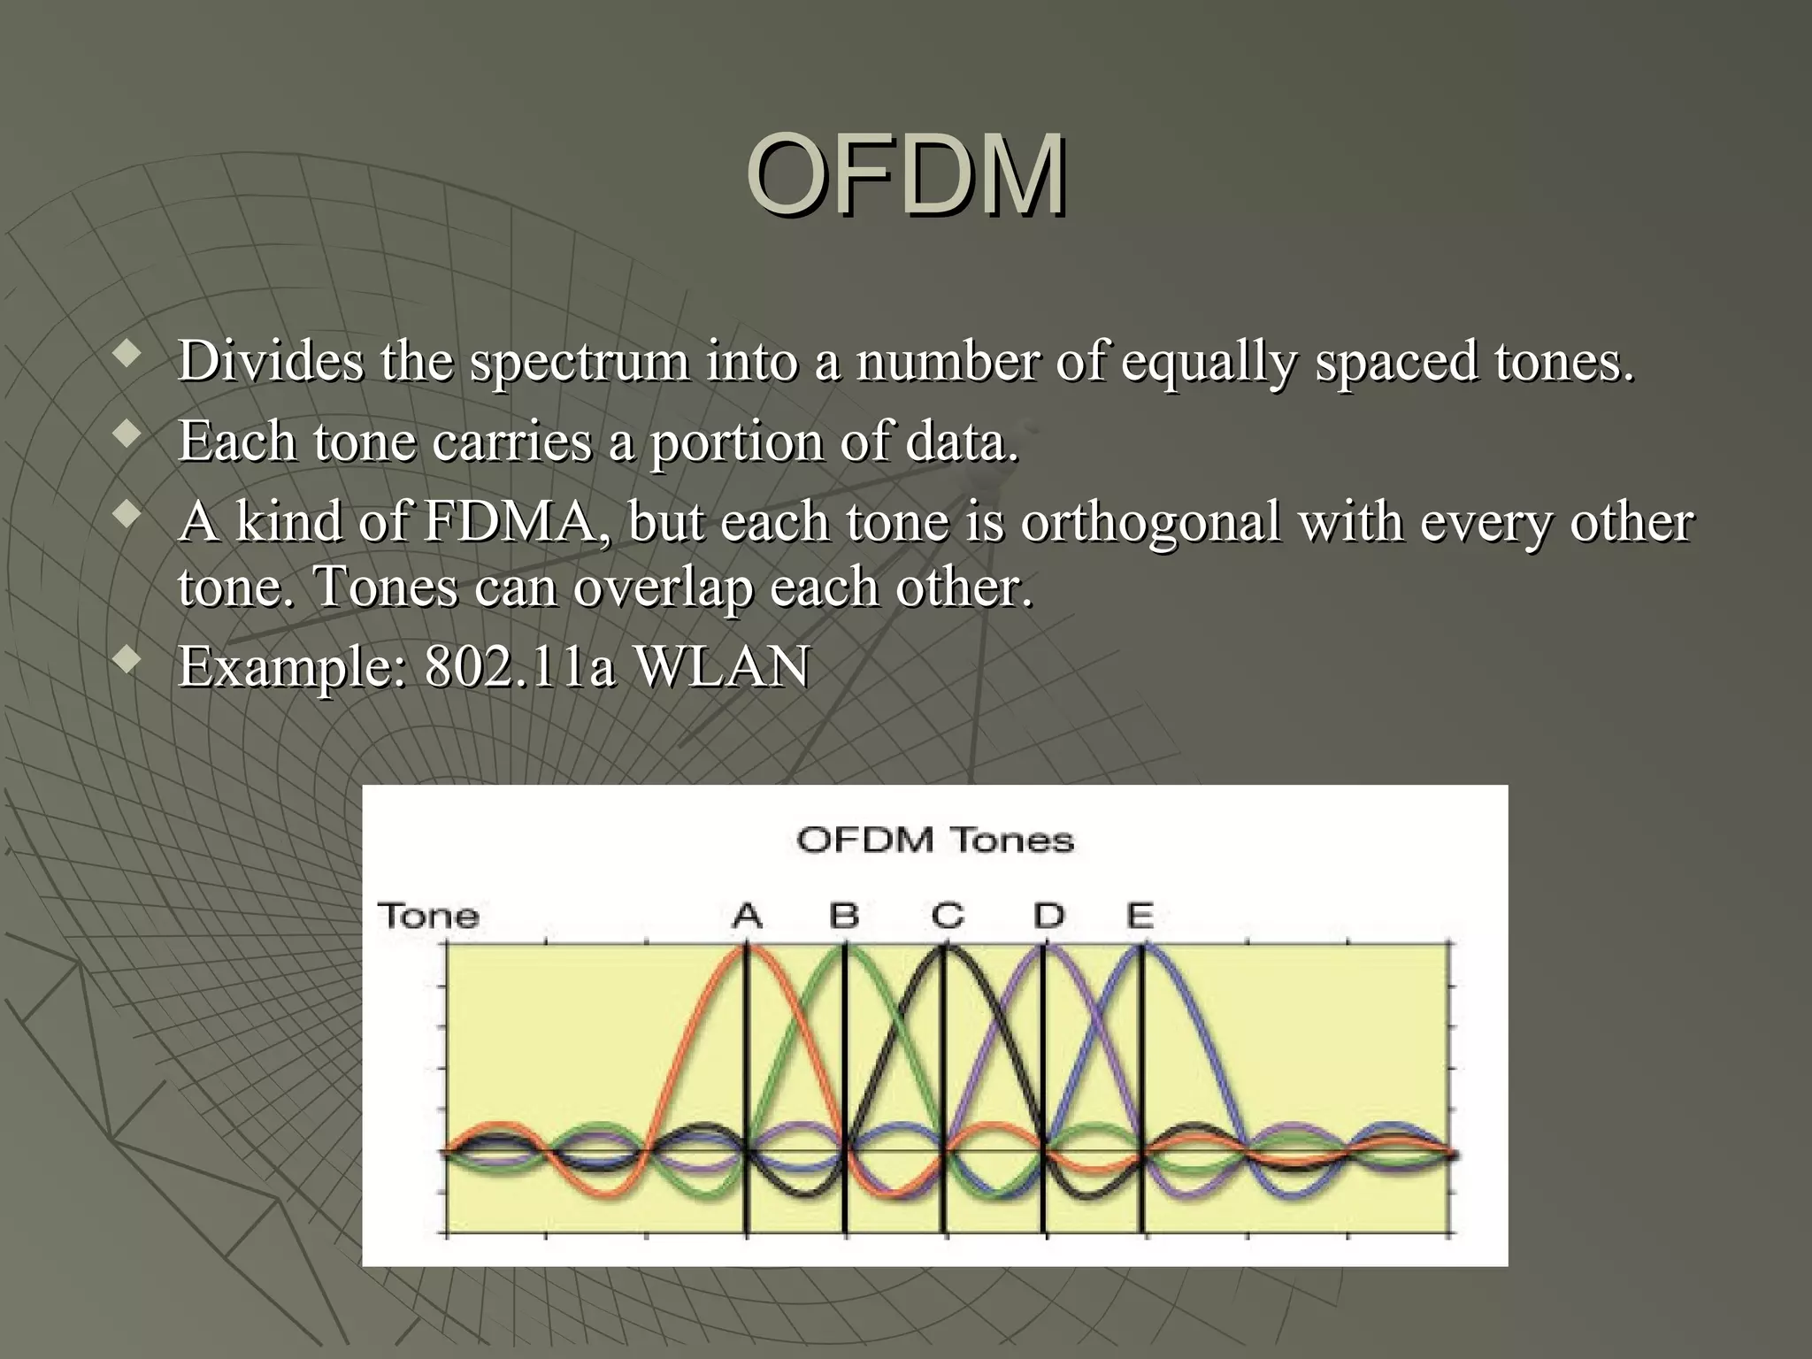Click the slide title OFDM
point(906,174)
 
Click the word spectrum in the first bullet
point(579,362)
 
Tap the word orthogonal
point(1149,522)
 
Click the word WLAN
point(722,666)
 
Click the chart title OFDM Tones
point(934,839)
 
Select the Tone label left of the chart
point(428,915)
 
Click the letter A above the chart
point(748,915)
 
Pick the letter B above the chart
point(844,915)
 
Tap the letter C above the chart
point(947,915)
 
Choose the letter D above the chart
point(1048,915)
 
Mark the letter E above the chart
point(1140,915)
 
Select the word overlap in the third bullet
point(664,587)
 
